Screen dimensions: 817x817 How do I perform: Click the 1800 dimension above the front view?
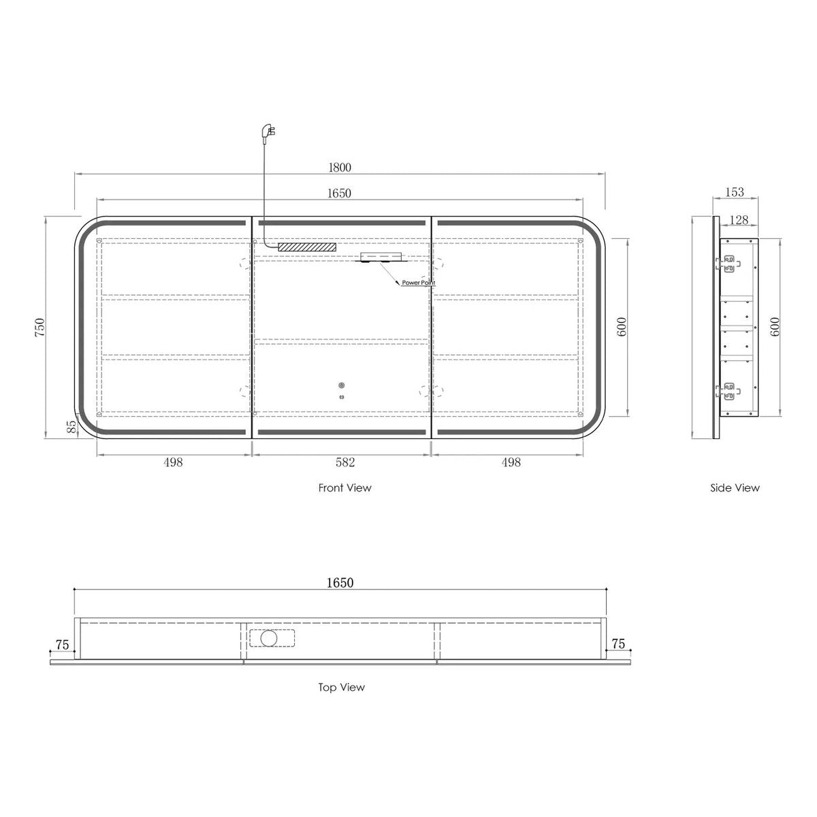[340, 167]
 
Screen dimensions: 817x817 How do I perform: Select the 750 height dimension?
[39, 327]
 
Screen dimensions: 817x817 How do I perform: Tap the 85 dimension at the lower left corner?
[72, 426]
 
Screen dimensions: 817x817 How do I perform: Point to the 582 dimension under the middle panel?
[345, 462]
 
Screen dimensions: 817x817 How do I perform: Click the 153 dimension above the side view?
[735, 192]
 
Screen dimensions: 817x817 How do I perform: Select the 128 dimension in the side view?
[739, 220]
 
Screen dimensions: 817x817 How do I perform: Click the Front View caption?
[345, 487]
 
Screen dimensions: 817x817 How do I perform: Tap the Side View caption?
[735, 487]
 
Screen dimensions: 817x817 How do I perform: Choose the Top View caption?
[341, 687]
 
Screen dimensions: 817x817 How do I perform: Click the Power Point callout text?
[419, 283]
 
